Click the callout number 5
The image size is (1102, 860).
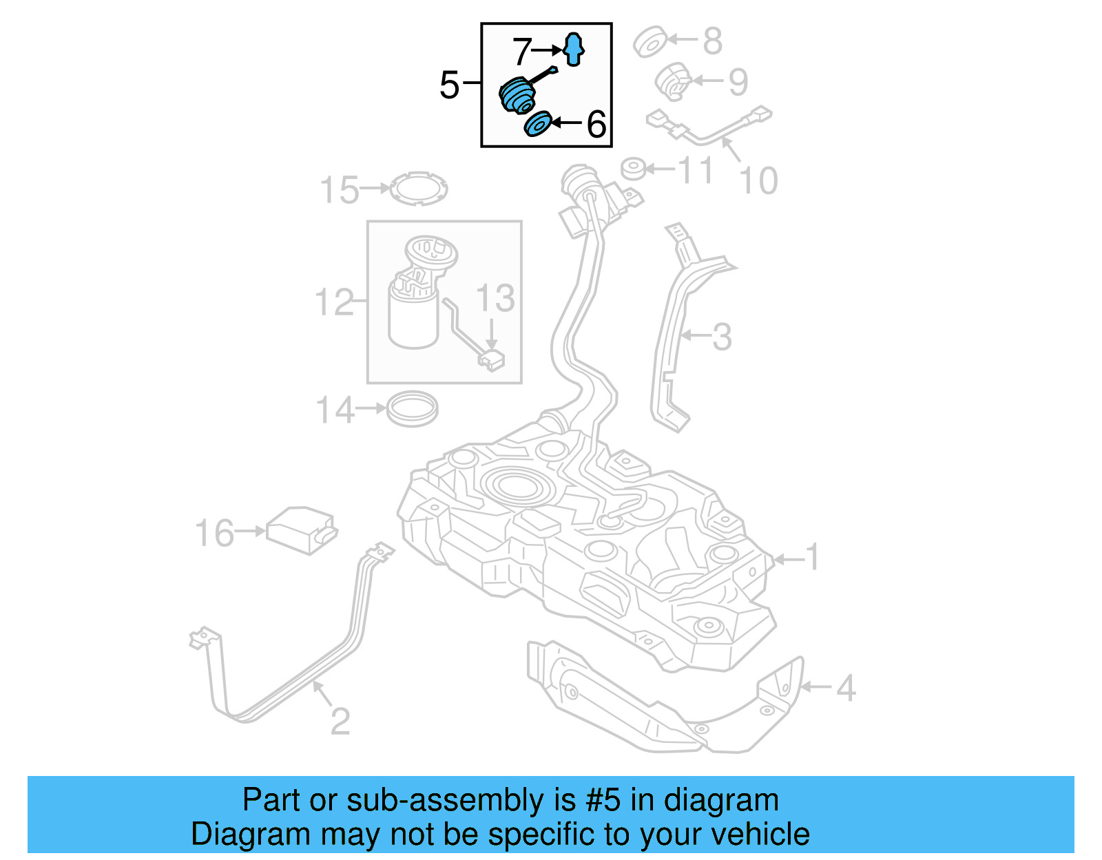click(449, 85)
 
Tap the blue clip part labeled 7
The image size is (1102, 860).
click(573, 49)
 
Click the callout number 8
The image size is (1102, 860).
click(712, 41)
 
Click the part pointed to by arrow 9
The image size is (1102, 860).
click(673, 81)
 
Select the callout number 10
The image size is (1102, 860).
click(758, 181)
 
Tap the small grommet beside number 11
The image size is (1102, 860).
click(633, 169)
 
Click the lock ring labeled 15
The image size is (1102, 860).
click(419, 188)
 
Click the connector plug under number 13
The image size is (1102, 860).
click(492, 360)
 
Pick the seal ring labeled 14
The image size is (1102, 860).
click(412, 409)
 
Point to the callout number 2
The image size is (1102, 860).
click(340, 721)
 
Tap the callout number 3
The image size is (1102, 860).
click(721, 337)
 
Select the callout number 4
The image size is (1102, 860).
click(846, 688)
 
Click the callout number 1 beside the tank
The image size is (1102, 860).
click(813, 557)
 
